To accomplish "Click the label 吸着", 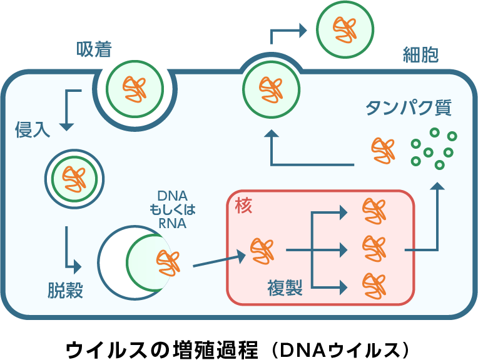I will (94, 49).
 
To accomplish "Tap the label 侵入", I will (32, 131).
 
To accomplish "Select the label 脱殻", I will (65, 290).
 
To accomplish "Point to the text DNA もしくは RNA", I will (168, 209).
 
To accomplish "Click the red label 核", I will (243, 206).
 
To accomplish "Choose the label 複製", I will (285, 288).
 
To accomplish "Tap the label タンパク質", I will (408, 107).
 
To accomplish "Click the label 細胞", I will (420, 56).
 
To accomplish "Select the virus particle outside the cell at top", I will (345, 28).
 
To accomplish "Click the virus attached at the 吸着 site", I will (135, 89).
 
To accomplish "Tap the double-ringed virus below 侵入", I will (74, 179).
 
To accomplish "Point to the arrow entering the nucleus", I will (218, 259).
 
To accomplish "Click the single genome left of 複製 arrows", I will (262, 250).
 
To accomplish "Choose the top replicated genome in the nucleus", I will (374, 211).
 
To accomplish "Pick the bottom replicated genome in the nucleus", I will (374, 286).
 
